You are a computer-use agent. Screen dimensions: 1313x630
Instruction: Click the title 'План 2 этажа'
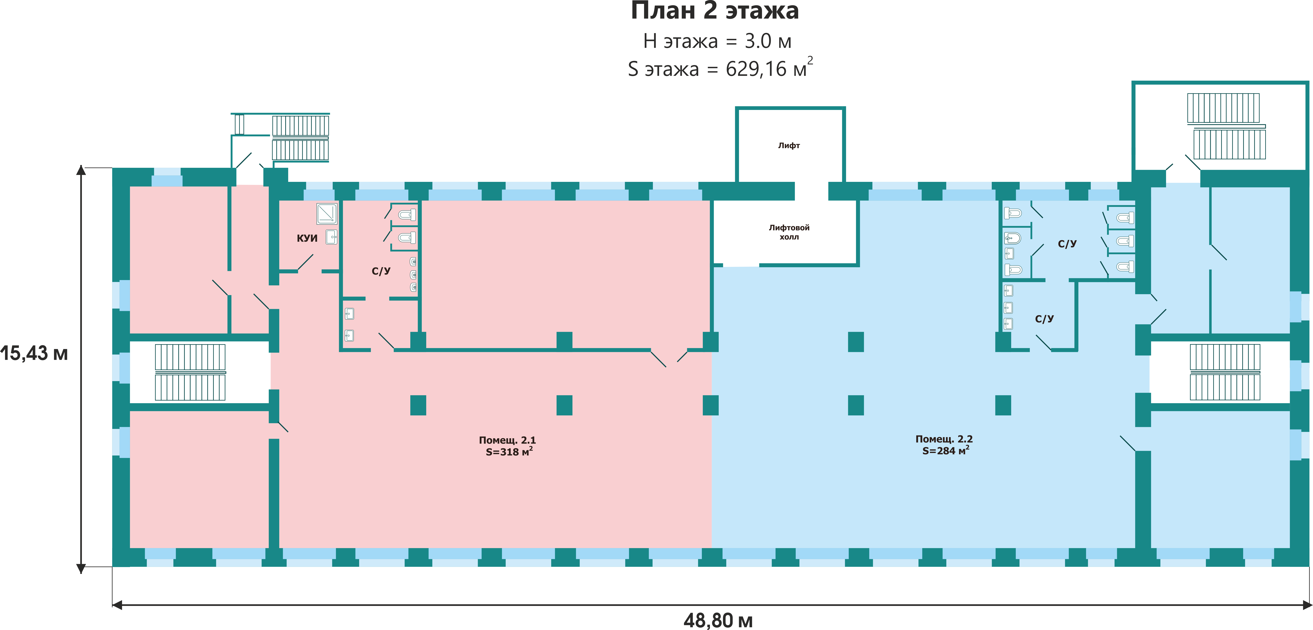tap(715, 11)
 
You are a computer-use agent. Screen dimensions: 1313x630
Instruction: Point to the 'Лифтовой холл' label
tap(789, 232)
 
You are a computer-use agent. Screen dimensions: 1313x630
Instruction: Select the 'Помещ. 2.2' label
tap(944, 439)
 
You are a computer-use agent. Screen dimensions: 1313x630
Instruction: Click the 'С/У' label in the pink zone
tap(381, 271)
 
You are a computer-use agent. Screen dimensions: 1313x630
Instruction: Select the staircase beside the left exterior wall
tap(190, 372)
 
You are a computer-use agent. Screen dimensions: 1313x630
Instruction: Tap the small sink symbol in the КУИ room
tap(332, 237)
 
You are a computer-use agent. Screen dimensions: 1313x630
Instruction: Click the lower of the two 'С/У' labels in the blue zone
tap(1044, 319)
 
